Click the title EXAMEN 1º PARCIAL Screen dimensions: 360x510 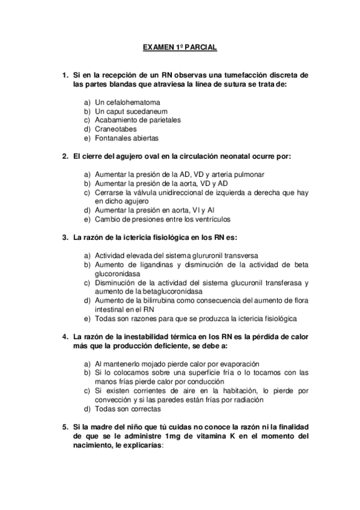[x=180, y=47]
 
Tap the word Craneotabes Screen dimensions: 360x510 [x=115, y=129]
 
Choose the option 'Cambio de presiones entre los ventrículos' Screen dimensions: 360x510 [x=166, y=219]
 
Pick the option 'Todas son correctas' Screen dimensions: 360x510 [x=127, y=409]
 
